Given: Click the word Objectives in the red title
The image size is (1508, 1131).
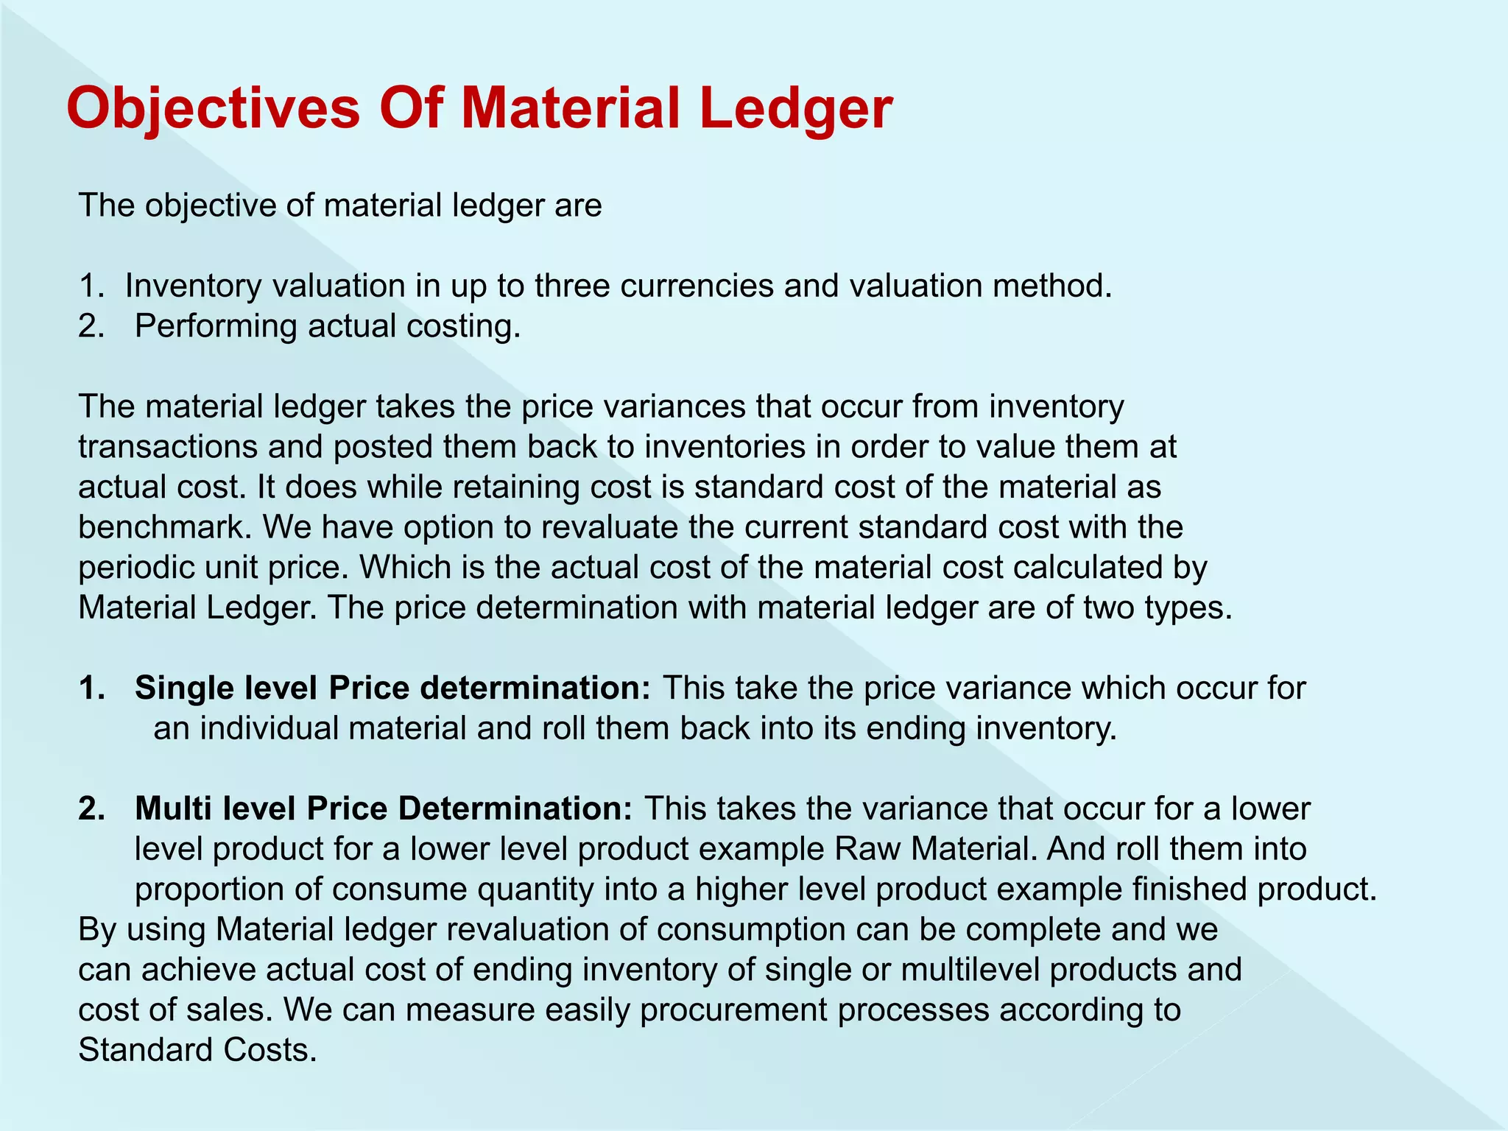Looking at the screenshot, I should (213, 108).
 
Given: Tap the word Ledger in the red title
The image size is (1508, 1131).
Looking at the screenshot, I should (796, 108).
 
